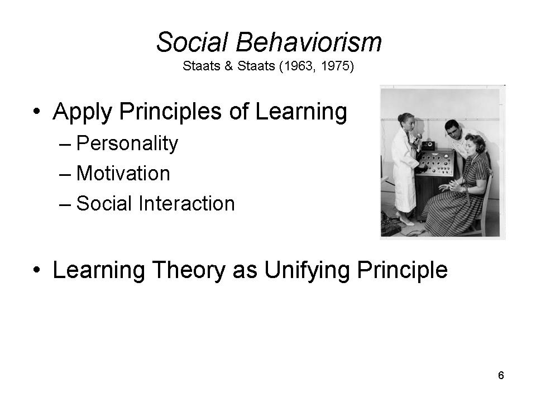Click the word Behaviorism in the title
point(308,42)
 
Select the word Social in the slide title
point(192,42)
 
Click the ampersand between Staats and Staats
point(229,66)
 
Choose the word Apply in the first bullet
point(83,113)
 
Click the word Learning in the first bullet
point(301,113)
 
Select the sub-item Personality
point(127,143)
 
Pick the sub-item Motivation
point(123,173)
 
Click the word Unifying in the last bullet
point(307,271)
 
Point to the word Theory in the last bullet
point(188,271)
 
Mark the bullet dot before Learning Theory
point(37,269)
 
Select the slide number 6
point(501,375)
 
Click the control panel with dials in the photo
point(435,162)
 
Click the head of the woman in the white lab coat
point(407,121)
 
